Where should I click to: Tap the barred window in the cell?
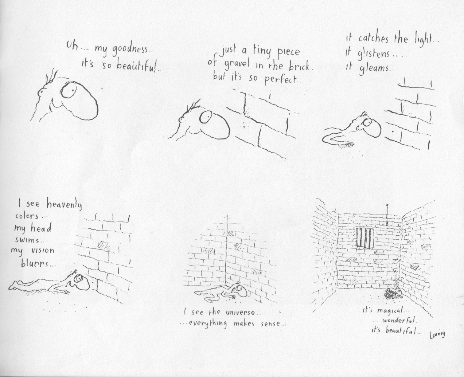(365, 237)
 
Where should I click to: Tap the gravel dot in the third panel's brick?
(393, 131)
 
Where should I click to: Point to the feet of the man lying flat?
(14, 285)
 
